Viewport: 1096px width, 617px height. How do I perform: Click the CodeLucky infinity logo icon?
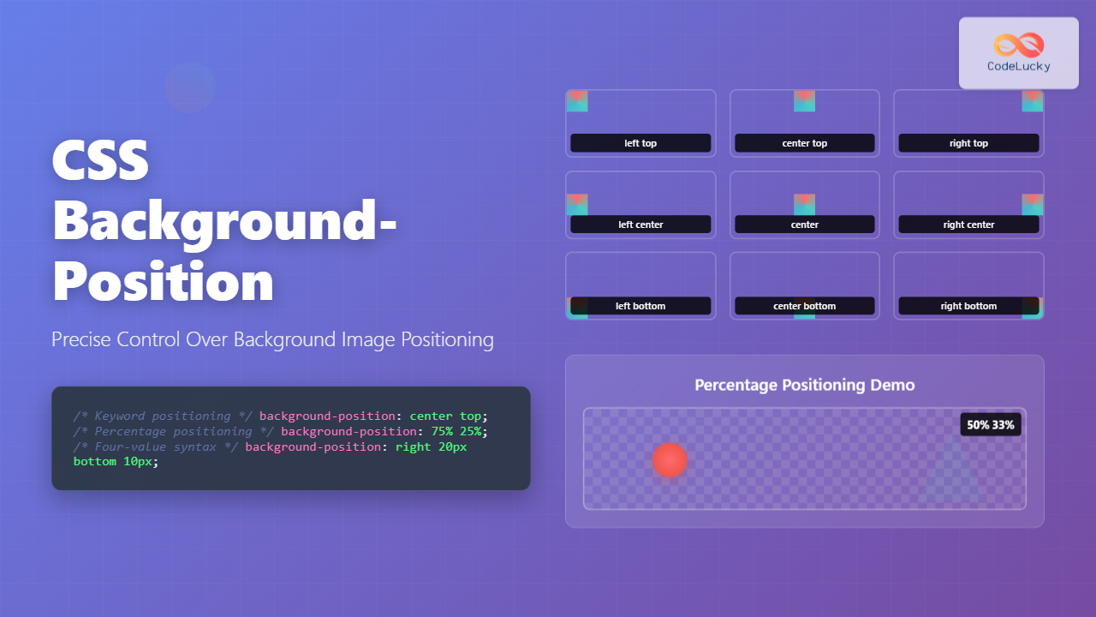click(x=1018, y=45)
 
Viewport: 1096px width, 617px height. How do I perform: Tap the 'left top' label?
click(x=640, y=143)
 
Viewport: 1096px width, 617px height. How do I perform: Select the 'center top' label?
click(x=805, y=143)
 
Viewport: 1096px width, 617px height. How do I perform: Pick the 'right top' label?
click(x=968, y=143)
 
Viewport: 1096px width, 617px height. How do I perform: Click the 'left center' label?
click(x=640, y=225)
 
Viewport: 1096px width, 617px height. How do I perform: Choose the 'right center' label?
click(x=968, y=225)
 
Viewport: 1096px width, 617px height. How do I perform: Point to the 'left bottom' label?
click(x=640, y=306)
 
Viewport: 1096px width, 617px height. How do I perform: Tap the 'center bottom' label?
click(x=805, y=306)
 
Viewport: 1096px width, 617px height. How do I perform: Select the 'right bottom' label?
click(x=968, y=306)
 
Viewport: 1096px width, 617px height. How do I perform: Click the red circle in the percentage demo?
click(x=670, y=460)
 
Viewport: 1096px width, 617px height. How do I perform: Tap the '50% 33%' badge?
click(x=991, y=424)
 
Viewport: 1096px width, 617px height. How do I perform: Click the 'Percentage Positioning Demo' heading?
click(x=805, y=385)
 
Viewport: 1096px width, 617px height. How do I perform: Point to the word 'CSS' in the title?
click(x=101, y=160)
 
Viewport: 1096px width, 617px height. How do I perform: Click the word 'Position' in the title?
click(x=164, y=281)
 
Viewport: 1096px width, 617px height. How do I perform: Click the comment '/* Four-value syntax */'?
click(x=156, y=446)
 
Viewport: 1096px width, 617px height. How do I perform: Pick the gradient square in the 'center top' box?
click(x=804, y=101)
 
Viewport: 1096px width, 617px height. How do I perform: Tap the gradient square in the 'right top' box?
click(x=1032, y=101)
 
